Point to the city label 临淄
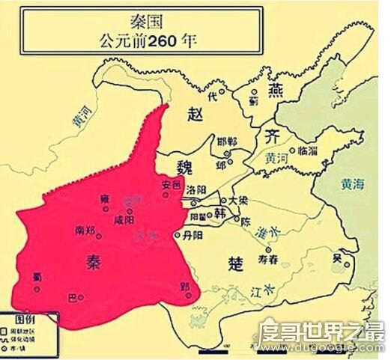point(309,150)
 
